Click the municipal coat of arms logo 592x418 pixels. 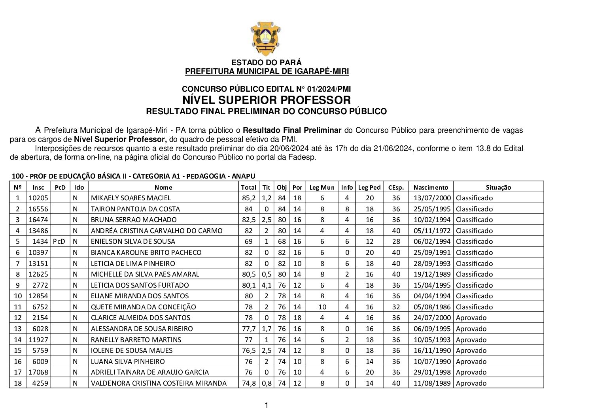point(266,38)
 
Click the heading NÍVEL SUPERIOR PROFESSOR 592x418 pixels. point(266,100)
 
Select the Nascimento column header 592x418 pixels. point(431,187)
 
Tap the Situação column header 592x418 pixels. point(498,187)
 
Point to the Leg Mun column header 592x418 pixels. point(322,187)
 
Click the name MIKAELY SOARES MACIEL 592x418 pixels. point(131,198)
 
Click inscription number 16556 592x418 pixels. point(38,209)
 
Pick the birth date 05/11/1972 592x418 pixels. point(432,231)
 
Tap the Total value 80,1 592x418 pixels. point(249,285)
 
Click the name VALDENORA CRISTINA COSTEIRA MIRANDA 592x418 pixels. point(159,383)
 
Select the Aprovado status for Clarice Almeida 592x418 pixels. point(471,318)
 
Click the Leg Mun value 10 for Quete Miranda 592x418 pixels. point(322,307)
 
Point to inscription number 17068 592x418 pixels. point(38,372)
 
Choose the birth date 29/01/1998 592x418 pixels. point(432,372)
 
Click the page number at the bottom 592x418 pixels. point(266,405)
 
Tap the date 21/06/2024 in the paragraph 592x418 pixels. point(393,149)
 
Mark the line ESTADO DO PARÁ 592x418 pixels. point(266,62)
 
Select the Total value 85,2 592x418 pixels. point(249,198)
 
